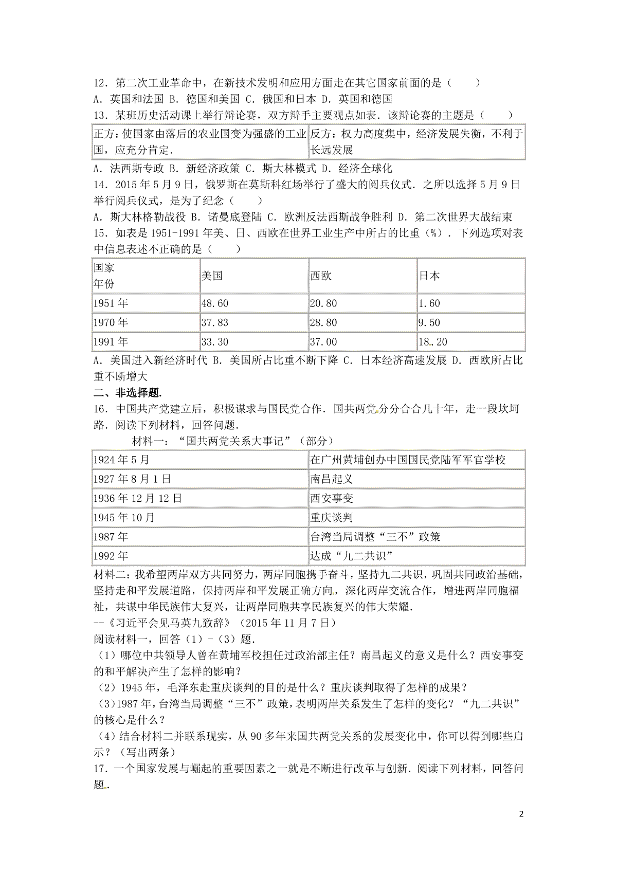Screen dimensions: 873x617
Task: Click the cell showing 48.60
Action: pyautogui.click(x=215, y=303)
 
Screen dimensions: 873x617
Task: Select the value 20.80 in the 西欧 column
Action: pyautogui.click(x=323, y=303)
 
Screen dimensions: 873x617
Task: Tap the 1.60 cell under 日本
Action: pyautogui.click(x=430, y=303)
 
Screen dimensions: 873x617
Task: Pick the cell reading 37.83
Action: pyautogui.click(x=215, y=322)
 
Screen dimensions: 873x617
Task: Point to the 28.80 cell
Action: pyautogui.click(x=323, y=322)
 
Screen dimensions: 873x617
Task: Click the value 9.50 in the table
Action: pyautogui.click(x=430, y=322)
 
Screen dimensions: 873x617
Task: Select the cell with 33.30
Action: pyautogui.click(x=215, y=342)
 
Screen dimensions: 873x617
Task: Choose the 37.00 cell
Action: pyautogui.click(x=323, y=342)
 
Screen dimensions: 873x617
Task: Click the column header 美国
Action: pyautogui.click(x=212, y=276)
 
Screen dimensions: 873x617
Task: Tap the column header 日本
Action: pyautogui.click(x=429, y=276)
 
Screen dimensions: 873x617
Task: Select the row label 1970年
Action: pyautogui.click(x=111, y=322)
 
